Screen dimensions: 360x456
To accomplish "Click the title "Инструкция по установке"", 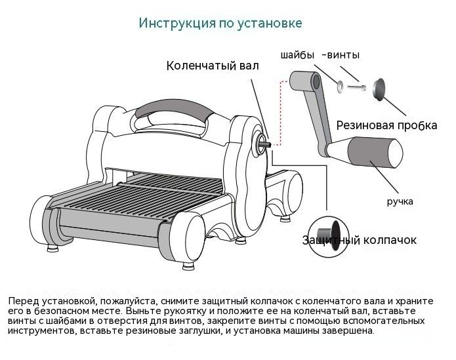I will [220, 23].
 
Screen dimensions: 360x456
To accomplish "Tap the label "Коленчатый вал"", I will [212, 66].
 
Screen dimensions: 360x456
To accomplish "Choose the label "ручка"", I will [400, 201].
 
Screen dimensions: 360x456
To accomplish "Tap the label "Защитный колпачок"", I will [360, 240].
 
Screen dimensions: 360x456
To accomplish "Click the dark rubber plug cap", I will [379, 89].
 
